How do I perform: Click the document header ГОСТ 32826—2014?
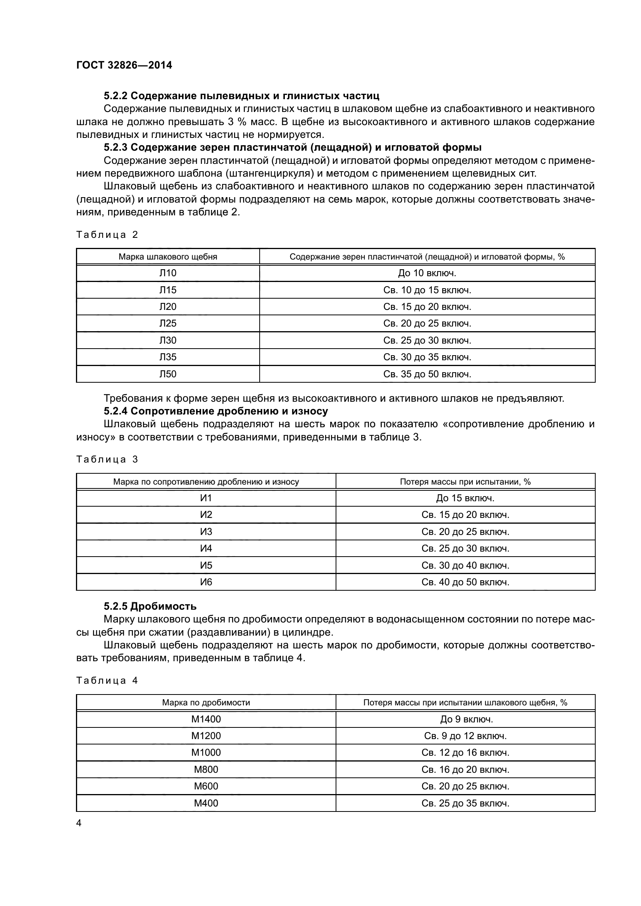pos(124,65)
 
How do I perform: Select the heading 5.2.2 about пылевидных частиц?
pos(241,96)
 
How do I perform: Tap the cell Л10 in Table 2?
pos(168,273)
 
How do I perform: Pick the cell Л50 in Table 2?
pos(168,374)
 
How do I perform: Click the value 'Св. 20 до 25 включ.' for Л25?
pos(427,323)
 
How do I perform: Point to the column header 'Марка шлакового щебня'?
pos(168,257)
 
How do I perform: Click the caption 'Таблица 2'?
pos(107,235)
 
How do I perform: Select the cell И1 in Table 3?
pos(206,498)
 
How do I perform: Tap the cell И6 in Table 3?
pos(206,582)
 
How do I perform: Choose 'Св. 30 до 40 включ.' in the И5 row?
pos(465,566)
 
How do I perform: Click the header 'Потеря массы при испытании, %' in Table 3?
pos(465,482)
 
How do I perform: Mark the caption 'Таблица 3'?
pos(107,459)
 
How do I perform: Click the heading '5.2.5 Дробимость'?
pos(150,606)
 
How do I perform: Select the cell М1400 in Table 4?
pos(206,719)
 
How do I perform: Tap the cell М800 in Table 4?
pos(206,770)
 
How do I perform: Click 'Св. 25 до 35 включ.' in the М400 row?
pos(465,803)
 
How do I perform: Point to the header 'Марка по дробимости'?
pos(206,703)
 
